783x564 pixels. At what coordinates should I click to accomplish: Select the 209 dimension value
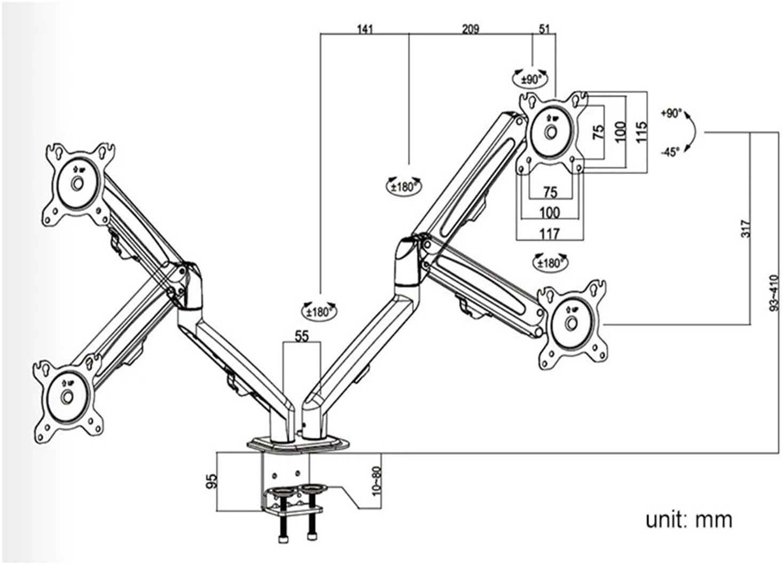pyautogui.click(x=470, y=29)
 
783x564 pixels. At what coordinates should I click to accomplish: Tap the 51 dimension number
pyautogui.click(x=544, y=29)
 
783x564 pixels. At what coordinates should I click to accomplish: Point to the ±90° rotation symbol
pyautogui.click(x=531, y=79)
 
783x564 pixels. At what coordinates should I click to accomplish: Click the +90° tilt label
pyautogui.click(x=671, y=113)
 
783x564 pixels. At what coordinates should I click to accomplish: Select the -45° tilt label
pyautogui.click(x=670, y=152)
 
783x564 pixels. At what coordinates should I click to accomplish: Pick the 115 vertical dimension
pyautogui.click(x=641, y=131)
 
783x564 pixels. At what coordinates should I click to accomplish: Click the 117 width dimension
pyautogui.click(x=549, y=233)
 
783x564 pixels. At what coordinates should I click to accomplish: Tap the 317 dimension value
pyautogui.click(x=746, y=229)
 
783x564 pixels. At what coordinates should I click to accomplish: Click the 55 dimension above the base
pyautogui.click(x=302, y=336)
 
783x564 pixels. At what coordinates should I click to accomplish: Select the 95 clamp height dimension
pyautogui.click(x=211, y=481)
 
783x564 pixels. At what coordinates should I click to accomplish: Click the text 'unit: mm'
pyautogui.click(x=688, y=519)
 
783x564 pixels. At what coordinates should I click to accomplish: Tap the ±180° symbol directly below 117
pyautogui.click(x=550, y=262)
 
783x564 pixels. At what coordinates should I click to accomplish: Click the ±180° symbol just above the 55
pyautogui.click(x=319, y=311)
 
